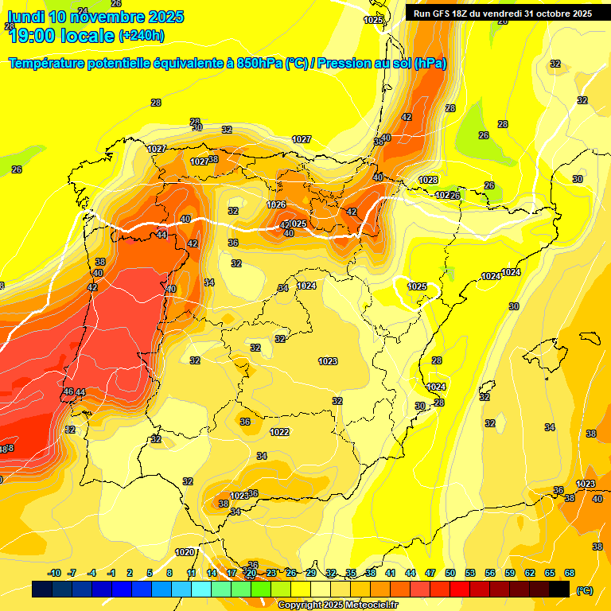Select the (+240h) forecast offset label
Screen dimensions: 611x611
(x=141, y=35)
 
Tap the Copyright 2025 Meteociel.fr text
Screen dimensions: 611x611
(x=337, y=605)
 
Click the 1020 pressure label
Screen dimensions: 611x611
(x=185, y=552)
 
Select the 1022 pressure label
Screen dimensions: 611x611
(x=279, y=432)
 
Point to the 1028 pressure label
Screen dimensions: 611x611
(x=429, y=180)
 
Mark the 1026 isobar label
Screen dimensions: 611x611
(x=276, y=204)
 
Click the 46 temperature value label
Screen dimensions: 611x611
(x=68, y=391)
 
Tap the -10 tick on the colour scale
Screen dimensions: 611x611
(x=54, y=573)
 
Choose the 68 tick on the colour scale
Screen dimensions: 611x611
(x=570, y=573)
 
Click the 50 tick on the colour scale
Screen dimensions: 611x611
(x=450, y=573)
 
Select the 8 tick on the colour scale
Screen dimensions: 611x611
(x=169, y=573)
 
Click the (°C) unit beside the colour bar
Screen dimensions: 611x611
(x=584, y=590)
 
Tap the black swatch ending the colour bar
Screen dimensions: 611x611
(x=559, y=589)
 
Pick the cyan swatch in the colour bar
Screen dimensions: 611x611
(x=201, y=589)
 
